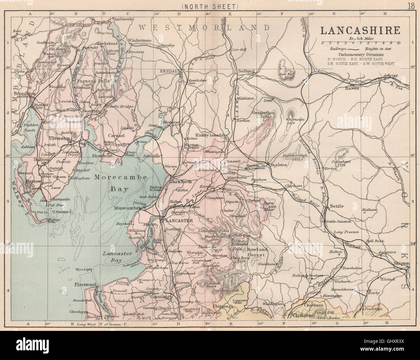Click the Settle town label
pos(337,206)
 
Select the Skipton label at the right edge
pos(402,264)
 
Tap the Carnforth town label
pos(181,181)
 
